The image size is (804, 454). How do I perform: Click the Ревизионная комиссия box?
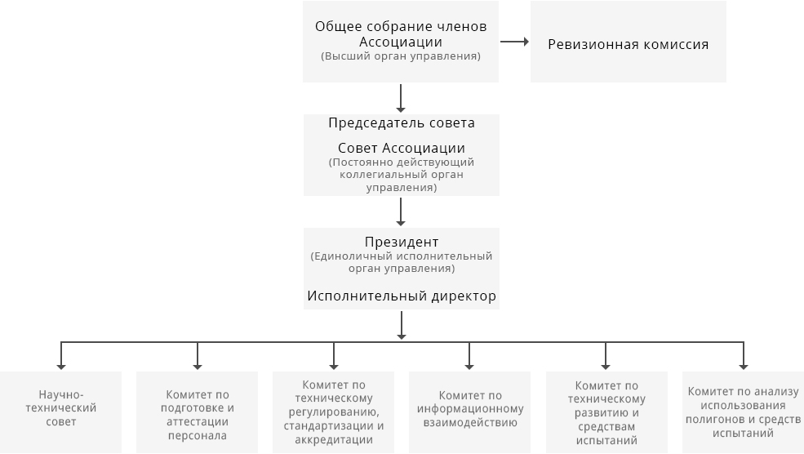629,42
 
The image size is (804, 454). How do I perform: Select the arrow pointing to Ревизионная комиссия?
514,42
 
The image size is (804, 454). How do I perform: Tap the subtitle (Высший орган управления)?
401,56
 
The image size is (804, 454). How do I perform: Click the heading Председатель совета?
402,122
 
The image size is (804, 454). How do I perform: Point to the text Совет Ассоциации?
402,149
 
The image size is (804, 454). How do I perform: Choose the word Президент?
402,242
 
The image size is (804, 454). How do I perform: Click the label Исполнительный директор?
402,296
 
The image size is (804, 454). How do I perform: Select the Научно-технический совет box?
61,412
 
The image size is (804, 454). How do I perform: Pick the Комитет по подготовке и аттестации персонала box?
197,412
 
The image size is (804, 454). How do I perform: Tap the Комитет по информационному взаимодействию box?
469,412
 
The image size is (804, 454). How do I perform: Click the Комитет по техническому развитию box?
606,412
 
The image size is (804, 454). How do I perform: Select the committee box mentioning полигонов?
743,412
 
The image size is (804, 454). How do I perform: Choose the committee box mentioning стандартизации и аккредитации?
333,412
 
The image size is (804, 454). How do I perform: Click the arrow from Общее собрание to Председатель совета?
401,98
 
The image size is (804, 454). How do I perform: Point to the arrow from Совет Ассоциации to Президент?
401,211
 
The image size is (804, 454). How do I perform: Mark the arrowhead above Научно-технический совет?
61,367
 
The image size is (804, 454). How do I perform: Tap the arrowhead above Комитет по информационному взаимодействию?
469,367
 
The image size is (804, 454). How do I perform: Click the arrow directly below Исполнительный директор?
402,325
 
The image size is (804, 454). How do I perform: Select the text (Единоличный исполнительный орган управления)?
402,262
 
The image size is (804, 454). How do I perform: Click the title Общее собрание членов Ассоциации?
401,33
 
